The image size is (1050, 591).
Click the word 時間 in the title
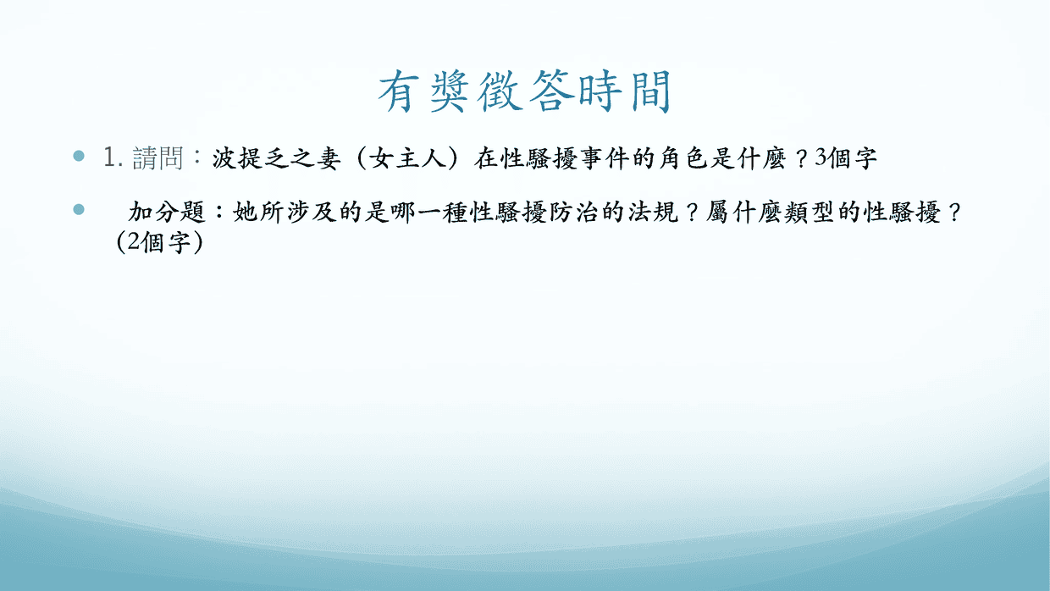626,91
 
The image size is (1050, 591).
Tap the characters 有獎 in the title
423,91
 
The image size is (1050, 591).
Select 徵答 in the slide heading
526,91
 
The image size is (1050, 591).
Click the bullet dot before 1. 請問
79,156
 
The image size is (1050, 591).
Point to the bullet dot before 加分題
79,209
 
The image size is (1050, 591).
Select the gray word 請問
157,157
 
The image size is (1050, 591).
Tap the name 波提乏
251,158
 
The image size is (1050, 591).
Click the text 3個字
846,158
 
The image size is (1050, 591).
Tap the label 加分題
167,212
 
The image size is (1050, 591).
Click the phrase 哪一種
428,212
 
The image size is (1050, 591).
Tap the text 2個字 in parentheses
158,242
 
